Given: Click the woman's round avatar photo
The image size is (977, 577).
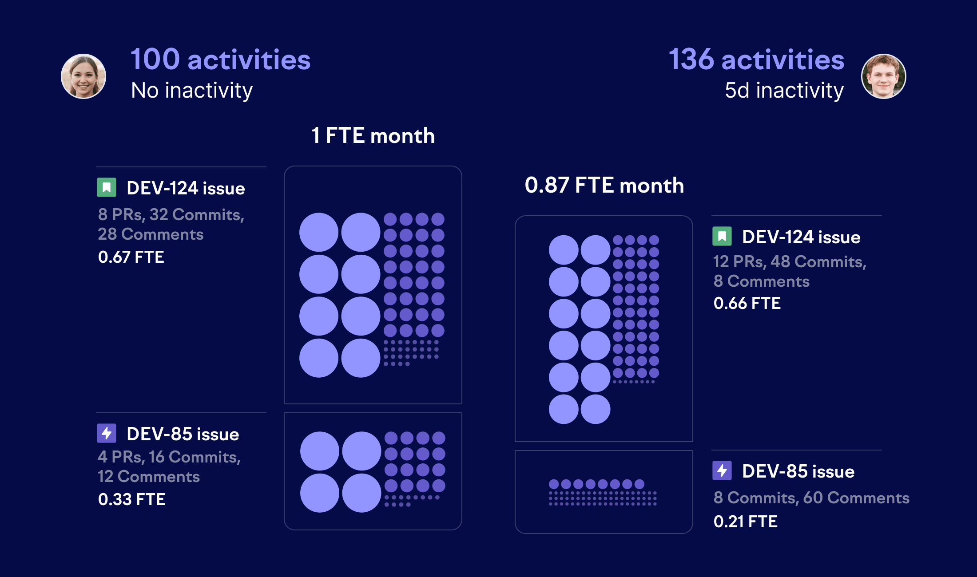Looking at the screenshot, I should point(83,76).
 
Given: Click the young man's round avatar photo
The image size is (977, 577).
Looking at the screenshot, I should point(883,76).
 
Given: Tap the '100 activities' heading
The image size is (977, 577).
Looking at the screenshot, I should point(220,59).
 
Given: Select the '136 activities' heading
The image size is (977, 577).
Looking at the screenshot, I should point(756,59).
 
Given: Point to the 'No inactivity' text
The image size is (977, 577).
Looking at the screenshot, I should point(192,91).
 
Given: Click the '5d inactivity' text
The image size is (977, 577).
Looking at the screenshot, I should point(784,91).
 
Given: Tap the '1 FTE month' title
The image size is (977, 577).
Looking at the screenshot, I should point(373,135).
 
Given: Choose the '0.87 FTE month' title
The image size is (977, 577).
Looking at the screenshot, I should point(604,185).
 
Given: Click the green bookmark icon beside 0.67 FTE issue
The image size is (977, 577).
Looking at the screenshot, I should point(107,187).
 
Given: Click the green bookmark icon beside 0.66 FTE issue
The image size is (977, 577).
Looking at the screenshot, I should point(722,236).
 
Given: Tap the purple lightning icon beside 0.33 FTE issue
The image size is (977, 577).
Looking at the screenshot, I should point(107,433).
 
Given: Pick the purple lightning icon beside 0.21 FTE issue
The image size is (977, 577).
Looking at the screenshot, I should point(722,470).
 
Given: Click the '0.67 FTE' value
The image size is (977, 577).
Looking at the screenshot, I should point(131,257).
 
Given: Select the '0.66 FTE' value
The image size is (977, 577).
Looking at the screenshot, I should point(747,303).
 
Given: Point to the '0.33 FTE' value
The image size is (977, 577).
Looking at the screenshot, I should point(131,499).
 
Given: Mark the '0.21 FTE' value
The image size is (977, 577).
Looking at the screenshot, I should point(745,522).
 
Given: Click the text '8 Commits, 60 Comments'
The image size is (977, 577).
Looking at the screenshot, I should point(811,498).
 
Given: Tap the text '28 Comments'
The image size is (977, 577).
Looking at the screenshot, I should point(151,234).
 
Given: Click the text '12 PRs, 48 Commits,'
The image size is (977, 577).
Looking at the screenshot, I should point(790,261).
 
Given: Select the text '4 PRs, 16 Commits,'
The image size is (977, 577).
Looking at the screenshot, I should point(169,457).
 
